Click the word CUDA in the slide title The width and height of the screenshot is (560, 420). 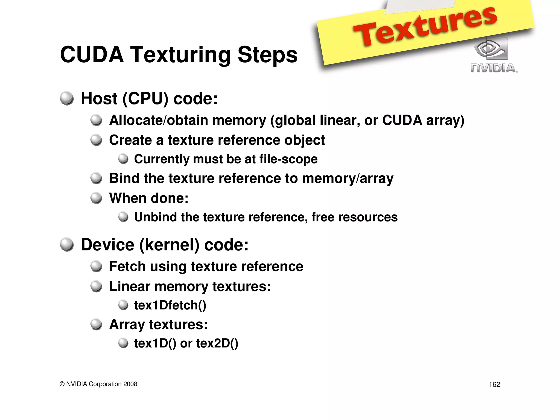pos(92,55)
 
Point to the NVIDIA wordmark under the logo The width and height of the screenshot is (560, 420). pos(494,68)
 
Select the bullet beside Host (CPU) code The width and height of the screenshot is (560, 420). pos(67,98)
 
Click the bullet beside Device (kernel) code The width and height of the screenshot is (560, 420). pos(67,244)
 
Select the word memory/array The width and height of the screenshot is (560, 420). pos(348,179)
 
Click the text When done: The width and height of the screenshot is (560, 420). pos(149,198)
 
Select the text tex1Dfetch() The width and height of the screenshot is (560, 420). pos(170,305)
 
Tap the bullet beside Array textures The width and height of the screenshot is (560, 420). pos(96,325)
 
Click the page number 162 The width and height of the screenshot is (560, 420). pos(494,384)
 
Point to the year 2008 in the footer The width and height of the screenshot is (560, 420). pos(130,384)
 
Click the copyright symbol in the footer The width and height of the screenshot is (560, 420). pos(62,384)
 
